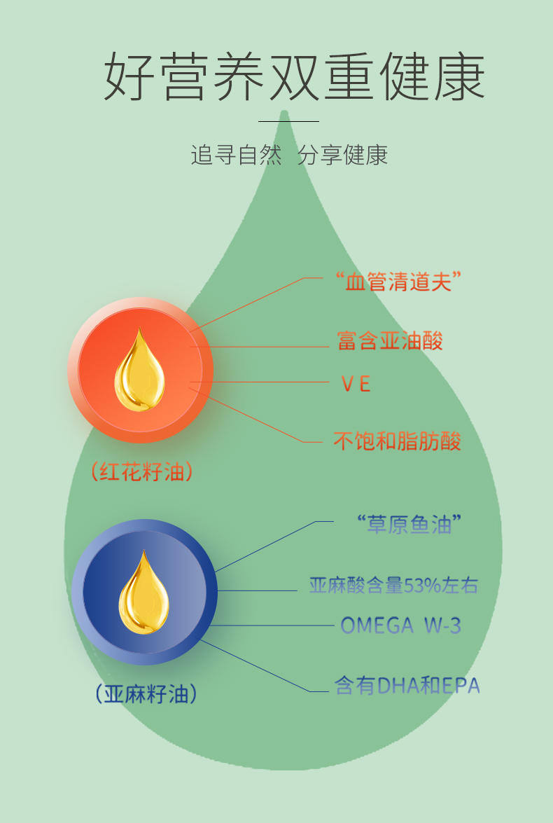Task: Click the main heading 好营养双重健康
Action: [x=295, y=76]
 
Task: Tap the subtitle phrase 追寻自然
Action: [x=236, y=155]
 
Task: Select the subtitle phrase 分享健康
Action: [x=342, y=155]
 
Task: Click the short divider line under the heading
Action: [x=288, y=122]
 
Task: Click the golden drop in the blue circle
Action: [x=143, y=593]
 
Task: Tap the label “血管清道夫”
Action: [x=398, y=282]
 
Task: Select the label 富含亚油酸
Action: [x=390, y=341]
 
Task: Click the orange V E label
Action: [x=356, y=384]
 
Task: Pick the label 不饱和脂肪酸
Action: [x=397, y=442]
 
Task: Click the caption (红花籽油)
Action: [x=142, y=472]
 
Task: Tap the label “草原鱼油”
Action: [x=409, y=524]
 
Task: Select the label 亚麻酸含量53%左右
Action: [x=393, y=586]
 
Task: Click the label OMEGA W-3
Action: [x=400, y=625]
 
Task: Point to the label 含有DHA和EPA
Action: [x=407, y=686]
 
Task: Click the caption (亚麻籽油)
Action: [x=146, y=694]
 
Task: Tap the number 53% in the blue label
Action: [x=421, y=586]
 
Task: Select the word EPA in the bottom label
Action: [x=461, y=686]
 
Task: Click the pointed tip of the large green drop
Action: [x=284, y=113]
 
